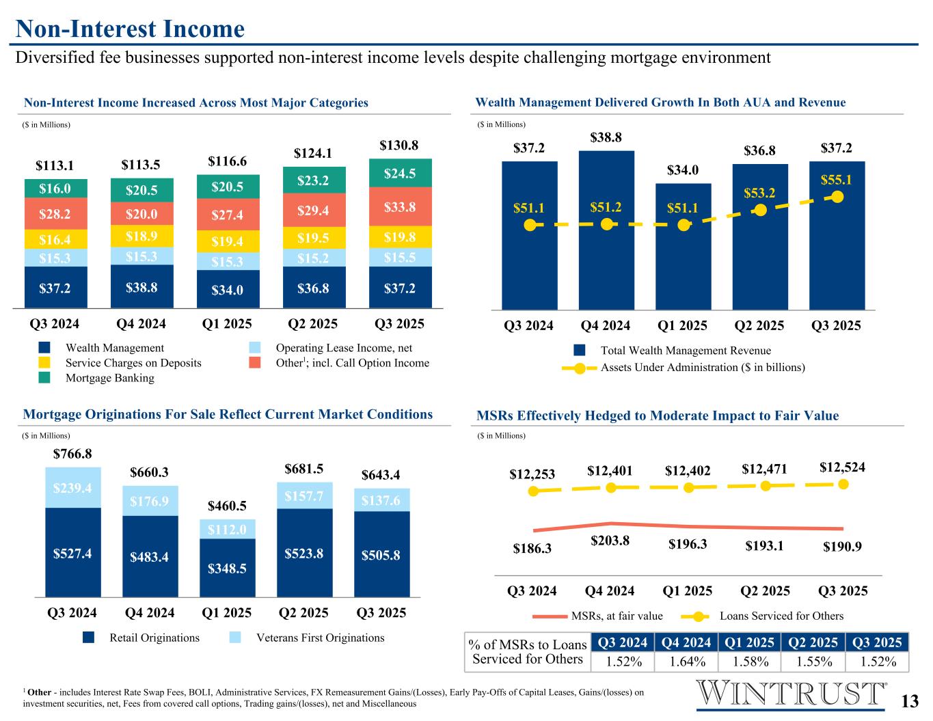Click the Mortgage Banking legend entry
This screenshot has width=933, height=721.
pos(109,378)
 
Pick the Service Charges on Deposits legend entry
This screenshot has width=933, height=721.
pos(133,363)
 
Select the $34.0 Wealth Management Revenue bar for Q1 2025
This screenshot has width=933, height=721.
pos(683,246)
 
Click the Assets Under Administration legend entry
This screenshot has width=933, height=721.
pos(702,368)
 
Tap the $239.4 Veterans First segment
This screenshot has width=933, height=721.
pos(72,487)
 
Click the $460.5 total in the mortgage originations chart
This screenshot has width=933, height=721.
pos(227,506)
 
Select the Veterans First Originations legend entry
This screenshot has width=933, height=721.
pos(320,638)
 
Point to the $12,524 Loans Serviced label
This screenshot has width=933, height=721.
pos(842,467)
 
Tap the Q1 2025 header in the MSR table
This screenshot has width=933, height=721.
pos(749,642)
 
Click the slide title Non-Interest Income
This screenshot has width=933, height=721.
pos(130,29)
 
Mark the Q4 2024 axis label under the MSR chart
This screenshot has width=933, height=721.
pos(610,590)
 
